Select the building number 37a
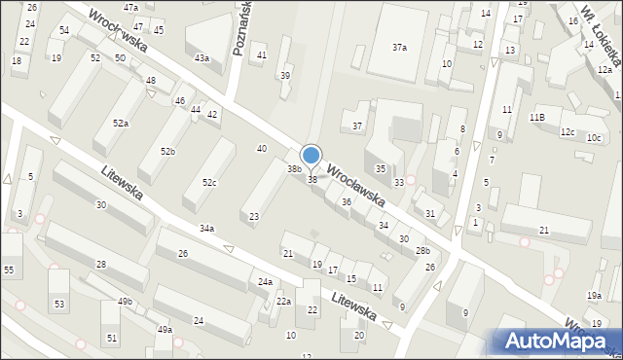point(399,47)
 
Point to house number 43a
point(202,58)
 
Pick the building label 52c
point(209,183)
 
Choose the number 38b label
point(293,169)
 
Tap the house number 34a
point(206,229)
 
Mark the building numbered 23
point(254,216)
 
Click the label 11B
point(536,117)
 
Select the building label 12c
point(568,132)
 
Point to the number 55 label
point(9,269)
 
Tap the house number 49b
point(126,302)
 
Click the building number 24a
point(265,282)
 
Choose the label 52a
point(121,124)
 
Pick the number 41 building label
point(262,55)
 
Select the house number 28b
point(422,251)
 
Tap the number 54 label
point(64,31)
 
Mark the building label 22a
point(282,302)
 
